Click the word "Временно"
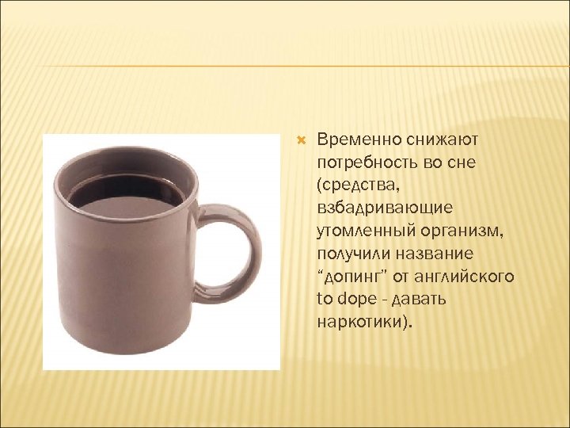click(352, 140)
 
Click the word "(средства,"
click(354, 186)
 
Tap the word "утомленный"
click(359, 231)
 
